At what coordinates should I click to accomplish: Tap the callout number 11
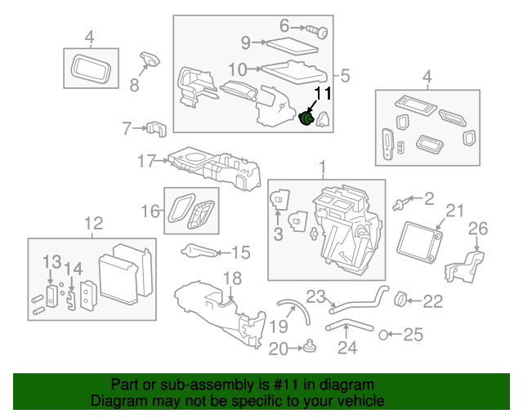[323, 94]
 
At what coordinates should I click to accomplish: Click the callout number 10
[237, 69]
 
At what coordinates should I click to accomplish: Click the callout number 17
[145, 162]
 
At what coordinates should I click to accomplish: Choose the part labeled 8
[149, 59]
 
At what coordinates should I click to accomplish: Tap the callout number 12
[94, 222]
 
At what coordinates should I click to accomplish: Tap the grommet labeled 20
[311, 349]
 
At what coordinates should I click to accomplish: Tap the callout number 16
[150, 212]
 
